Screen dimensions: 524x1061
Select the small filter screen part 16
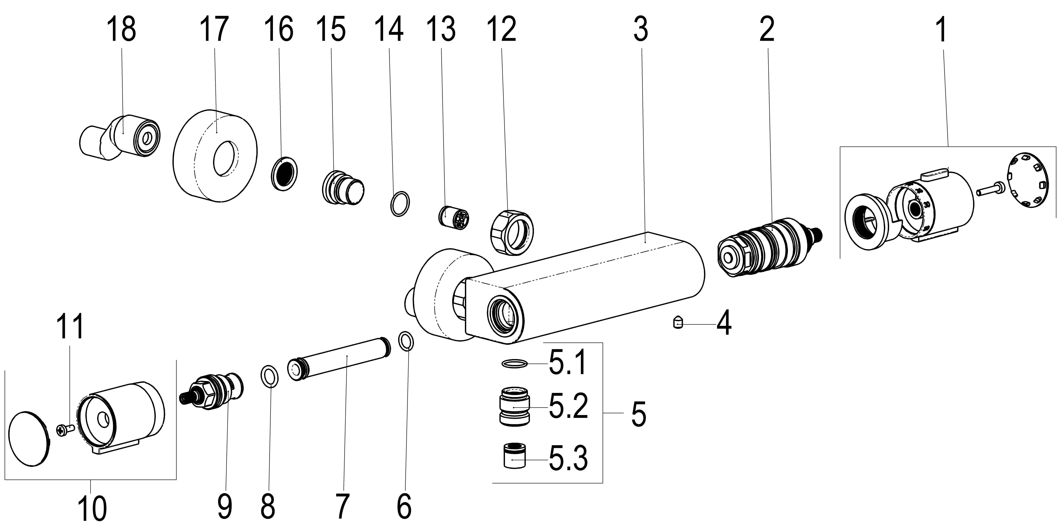285,173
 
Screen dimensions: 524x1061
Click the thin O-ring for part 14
400,204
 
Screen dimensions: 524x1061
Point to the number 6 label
404,506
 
